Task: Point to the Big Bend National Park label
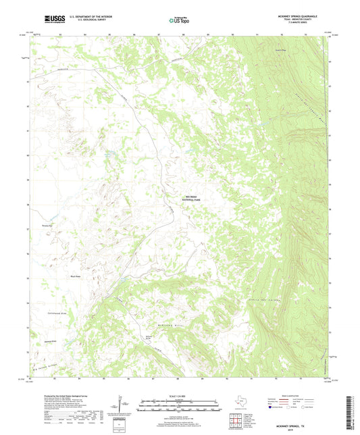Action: pyautogui.click(x=192, y=199)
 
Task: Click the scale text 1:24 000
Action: pyautogui.click(x=180, y=396)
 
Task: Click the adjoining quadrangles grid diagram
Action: pyautogui.click(x=234, y=421)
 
